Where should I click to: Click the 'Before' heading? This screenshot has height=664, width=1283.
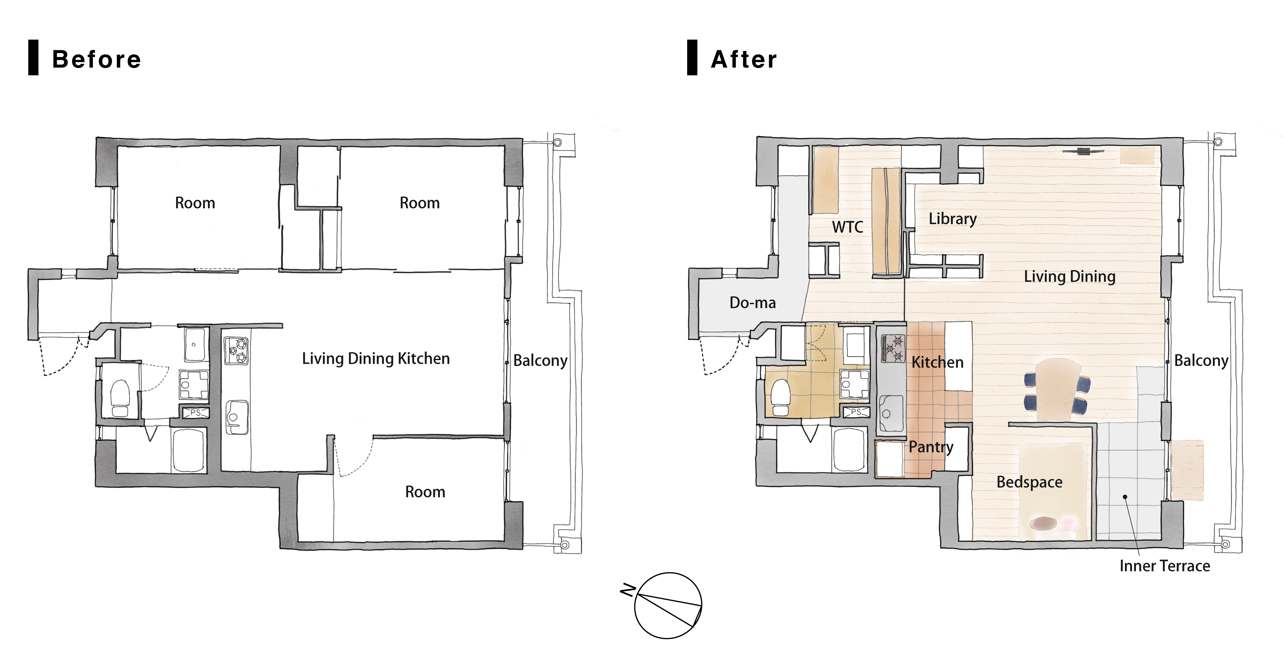[x=97, y=59]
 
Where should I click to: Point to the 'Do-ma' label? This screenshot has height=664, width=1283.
[x=753, y=303]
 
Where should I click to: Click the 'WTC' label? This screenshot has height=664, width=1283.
[x=847, y=227]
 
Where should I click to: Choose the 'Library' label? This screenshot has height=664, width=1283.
[x=952, y=219]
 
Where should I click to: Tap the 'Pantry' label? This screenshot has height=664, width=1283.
[x=931, y=447]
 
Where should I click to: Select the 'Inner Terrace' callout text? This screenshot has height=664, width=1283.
[x=1164, y=566]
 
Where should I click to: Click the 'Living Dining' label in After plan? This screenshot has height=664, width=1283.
[x=1069, y=276]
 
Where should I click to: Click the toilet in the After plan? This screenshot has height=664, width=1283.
[x=781, y=397]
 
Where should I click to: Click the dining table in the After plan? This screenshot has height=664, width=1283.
[x=1057, y=389]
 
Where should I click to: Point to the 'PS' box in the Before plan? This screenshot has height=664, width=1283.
[x=196, y=413]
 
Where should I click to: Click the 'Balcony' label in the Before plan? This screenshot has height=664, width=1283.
[x=540, y=360]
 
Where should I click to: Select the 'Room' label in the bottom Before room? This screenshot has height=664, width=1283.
[x=425, y=492]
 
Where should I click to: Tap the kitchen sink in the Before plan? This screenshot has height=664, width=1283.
[x=237, y=417]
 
